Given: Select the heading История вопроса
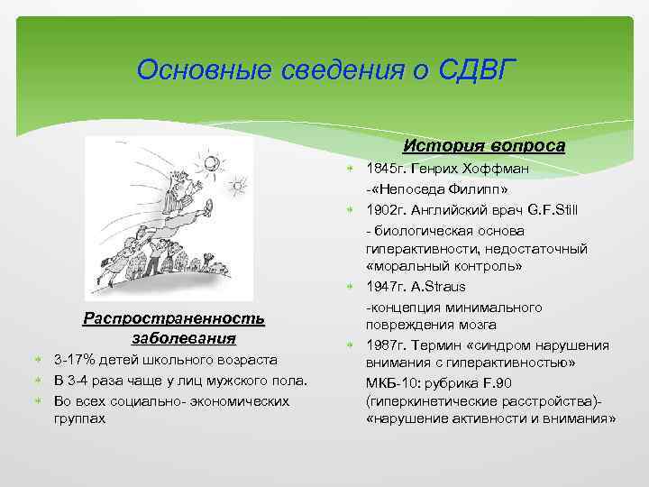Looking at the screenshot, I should (484, 145).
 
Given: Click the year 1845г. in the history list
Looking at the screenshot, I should (387, 169).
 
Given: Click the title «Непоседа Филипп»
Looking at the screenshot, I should (441, 189).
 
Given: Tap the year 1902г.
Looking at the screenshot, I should (387, 209).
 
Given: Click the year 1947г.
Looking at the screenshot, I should (387, 286).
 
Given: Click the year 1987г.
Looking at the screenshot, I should (387, 345).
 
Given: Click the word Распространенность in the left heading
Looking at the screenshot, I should (173, 318).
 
